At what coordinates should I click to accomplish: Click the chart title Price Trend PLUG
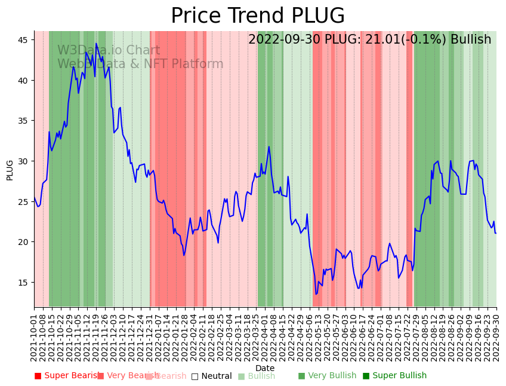click(x=258, y=16)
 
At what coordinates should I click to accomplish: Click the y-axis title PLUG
click(x=10, y=170)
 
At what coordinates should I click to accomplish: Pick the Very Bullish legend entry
click(x=327, y=376)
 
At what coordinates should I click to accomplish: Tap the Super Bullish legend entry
click(x=394, y=376)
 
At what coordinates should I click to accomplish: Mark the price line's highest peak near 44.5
click(x=96, y=44)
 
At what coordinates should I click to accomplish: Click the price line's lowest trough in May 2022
click(x=316, y=294)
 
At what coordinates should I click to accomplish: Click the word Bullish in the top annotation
click(x=471, y=39)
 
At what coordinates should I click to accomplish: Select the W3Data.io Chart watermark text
click(x=109, y=51)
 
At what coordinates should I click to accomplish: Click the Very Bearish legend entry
click(x=128, y=376)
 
